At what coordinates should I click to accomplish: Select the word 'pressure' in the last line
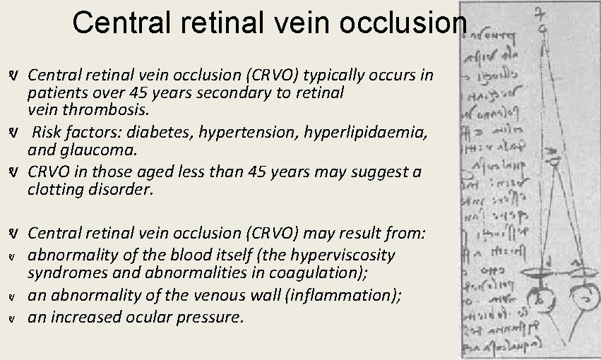tap(211, 317)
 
